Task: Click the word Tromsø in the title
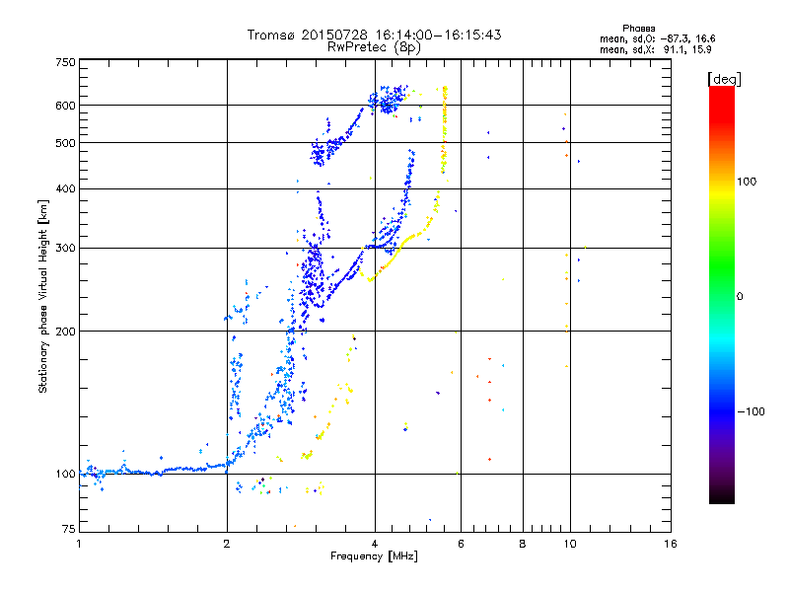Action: click(270, 35)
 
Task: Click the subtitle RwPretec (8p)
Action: click(374, 47)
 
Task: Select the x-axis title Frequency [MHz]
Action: click(374, 556)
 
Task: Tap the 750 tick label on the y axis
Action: click(65, 62)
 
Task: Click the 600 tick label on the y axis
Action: click(65, 106)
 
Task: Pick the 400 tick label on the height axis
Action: click(65, 188)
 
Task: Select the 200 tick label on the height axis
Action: click(65, 332)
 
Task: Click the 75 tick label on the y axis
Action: click(69, 529)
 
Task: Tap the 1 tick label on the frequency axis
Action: click(79, 544)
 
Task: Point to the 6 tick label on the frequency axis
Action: click(461, 544)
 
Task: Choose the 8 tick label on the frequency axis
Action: click(523, 544)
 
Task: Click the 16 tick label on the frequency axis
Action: click(671, 544)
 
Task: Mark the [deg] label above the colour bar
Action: click(725, 79)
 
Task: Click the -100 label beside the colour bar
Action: click(752, 411)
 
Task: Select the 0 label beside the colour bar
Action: click(740, 296)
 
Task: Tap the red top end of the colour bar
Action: click(722, 89)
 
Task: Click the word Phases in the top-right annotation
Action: click(639, 29)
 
